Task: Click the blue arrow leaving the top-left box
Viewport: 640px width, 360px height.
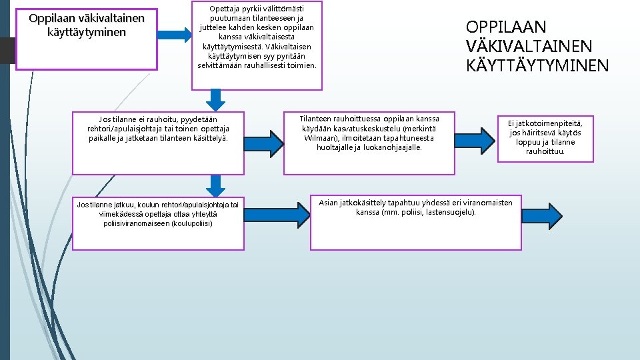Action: [x=176, y=35]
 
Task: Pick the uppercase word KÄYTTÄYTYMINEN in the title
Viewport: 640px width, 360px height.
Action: [x=537, y=65]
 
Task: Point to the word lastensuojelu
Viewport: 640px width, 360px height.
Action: [x=451, y=212]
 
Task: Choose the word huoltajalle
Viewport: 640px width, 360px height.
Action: [x=339, y=147]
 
